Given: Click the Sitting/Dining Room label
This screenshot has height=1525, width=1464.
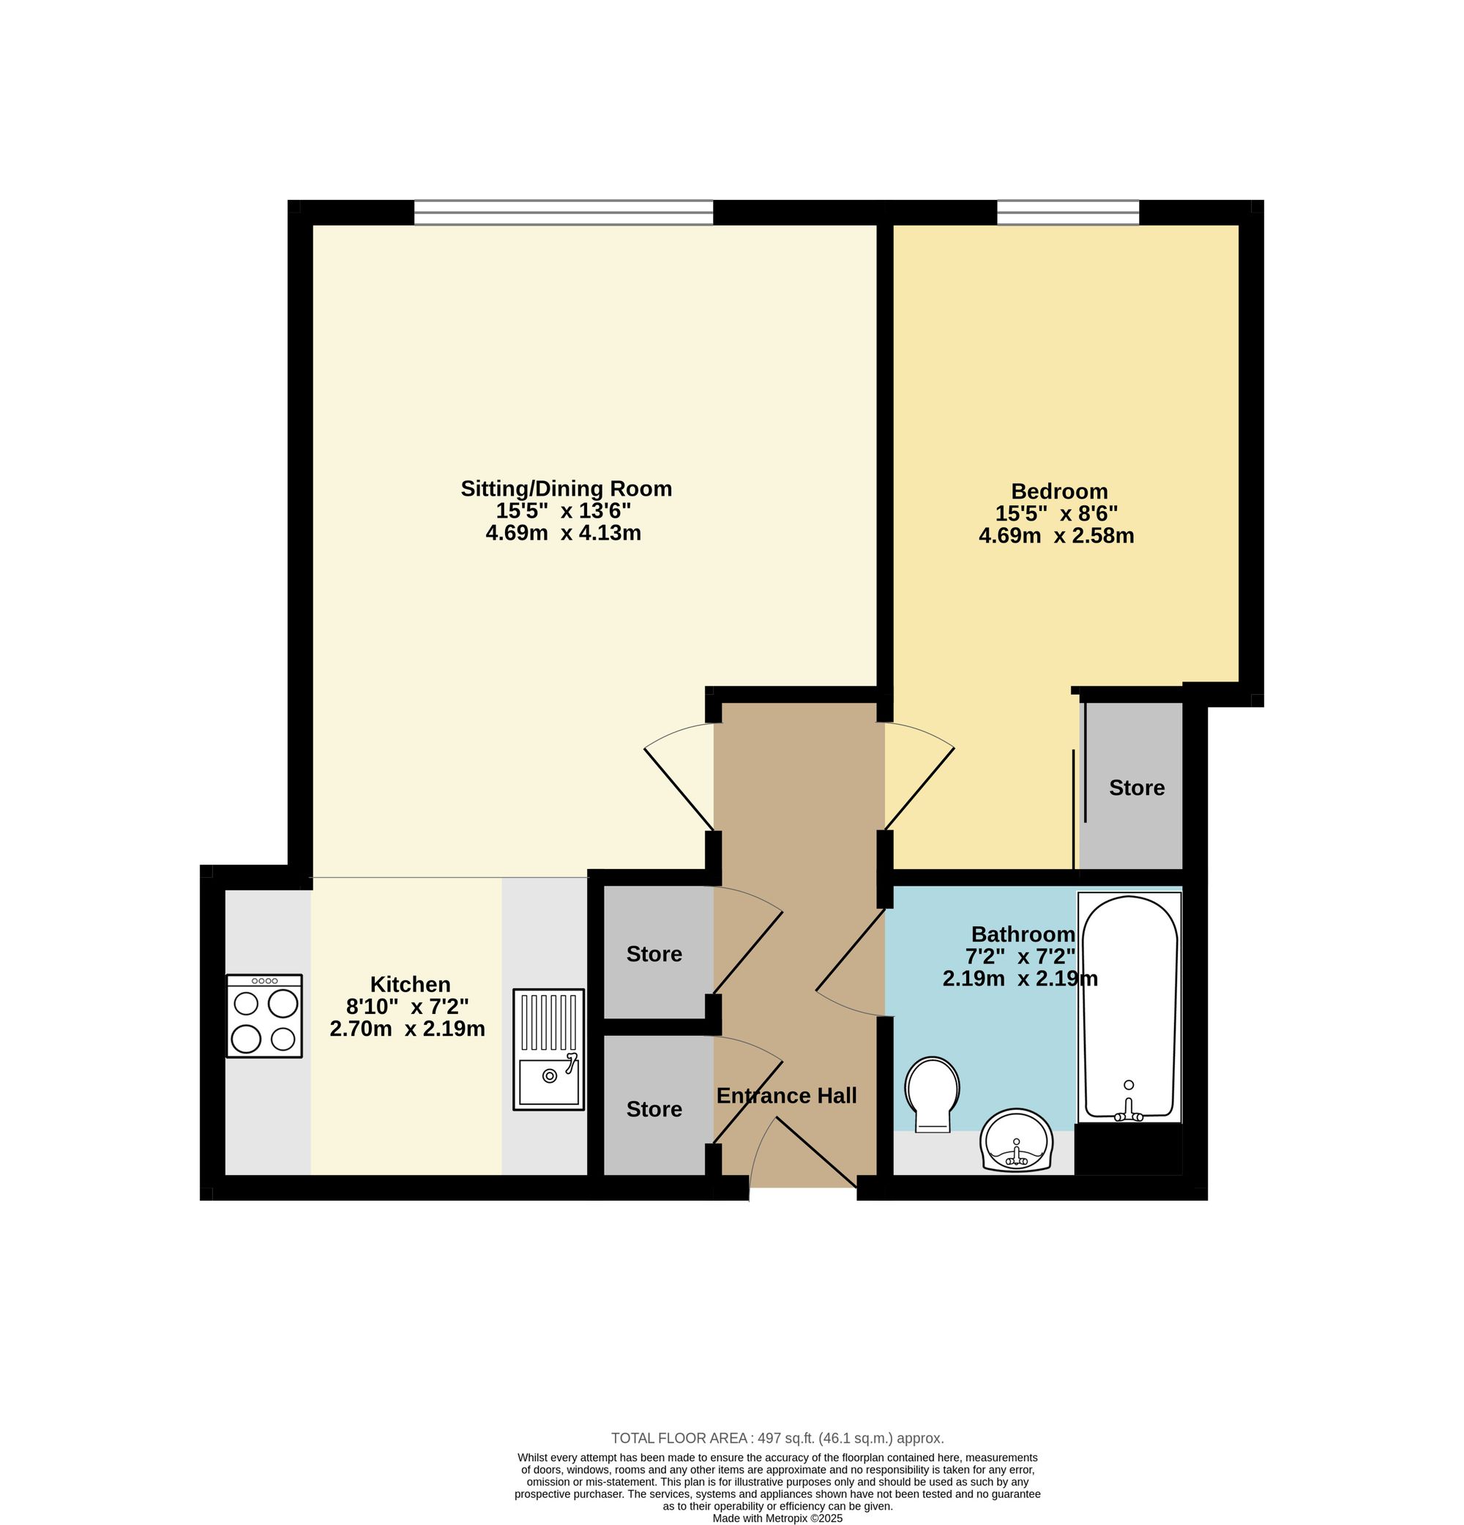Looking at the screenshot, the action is [566, 488].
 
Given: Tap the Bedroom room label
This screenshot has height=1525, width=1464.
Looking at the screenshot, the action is [1058, 491].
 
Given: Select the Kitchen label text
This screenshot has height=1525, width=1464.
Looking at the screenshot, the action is [410, 983].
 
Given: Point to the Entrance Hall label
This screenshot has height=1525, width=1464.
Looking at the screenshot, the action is [786, 1095].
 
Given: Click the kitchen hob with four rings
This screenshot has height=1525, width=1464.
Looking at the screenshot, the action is [264, 1015].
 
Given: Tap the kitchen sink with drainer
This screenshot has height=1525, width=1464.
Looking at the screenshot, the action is [548, 1049].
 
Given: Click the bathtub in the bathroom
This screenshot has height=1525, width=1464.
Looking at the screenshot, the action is [1129, 1007].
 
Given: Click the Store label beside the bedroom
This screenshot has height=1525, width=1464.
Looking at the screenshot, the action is [1137, 788].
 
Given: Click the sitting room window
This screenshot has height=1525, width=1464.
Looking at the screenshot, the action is [563, 212].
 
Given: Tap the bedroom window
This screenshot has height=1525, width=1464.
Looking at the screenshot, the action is [1067, 212].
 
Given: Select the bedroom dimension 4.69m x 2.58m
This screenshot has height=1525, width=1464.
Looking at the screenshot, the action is [1056, 536].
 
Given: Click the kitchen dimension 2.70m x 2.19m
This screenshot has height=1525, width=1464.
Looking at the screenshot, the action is [407, 1029].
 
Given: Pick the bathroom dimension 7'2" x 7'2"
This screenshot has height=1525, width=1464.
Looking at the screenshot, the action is [1020, 955].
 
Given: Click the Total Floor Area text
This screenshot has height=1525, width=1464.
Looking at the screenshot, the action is [777, 1439].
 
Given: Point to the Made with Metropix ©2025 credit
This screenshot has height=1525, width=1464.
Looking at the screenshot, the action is [777, 1518].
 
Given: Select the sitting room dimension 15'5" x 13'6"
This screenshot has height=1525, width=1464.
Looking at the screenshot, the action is [563, 511].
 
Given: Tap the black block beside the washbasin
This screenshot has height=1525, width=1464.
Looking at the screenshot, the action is [1128, 1150].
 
